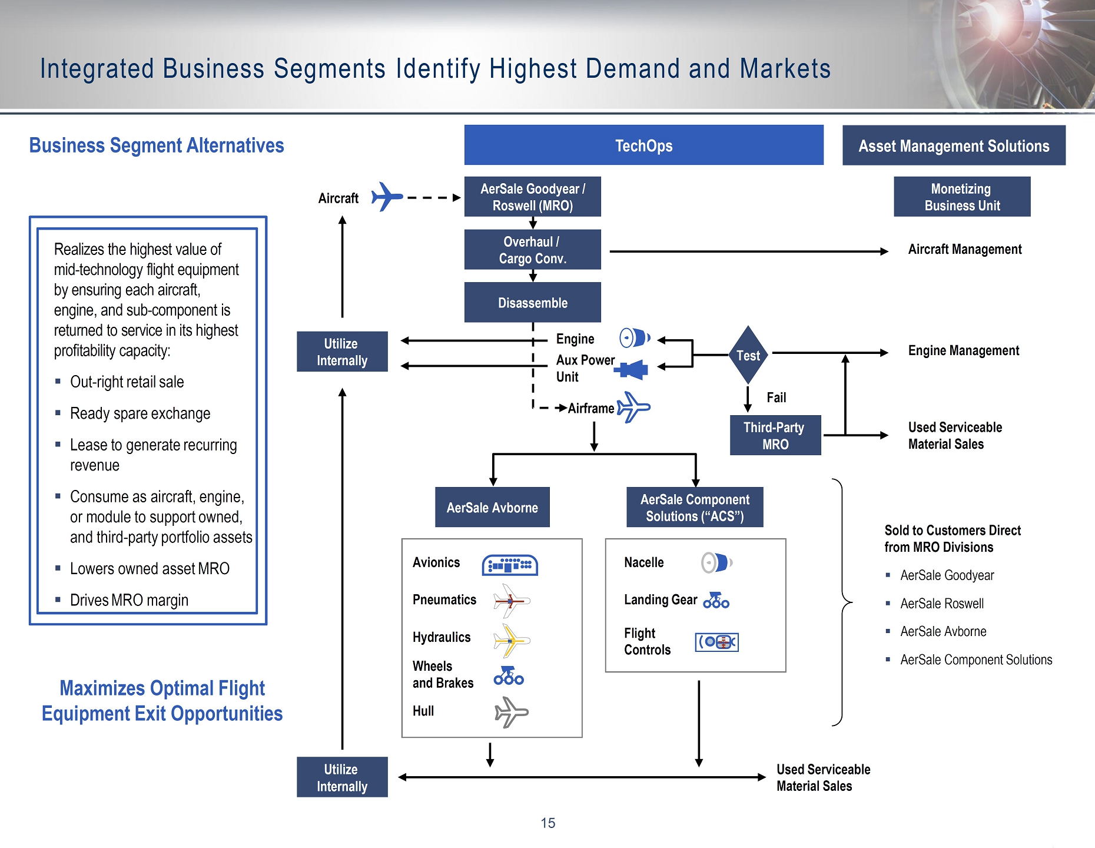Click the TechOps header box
click(643, 145)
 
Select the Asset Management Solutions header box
click(954, 145)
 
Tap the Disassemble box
click(533, 302)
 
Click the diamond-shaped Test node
click(748, 355)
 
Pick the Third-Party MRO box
click(775, 435)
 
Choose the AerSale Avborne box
click(492, 507)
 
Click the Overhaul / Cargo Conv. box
click(533, 250)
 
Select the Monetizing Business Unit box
click(962, 197)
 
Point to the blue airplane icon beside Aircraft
click(387, 197)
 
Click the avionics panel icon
click(510, 565)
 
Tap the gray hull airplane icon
click(511, 712)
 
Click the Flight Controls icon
click(717, 642)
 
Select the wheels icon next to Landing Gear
click(716, 600)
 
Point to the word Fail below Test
click(777, 397)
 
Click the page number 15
click(548, 823)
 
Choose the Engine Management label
click(964, 351)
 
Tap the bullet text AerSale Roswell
click(942, 604)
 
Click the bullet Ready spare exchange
click(140, 413)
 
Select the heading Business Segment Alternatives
click(157, 145)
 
